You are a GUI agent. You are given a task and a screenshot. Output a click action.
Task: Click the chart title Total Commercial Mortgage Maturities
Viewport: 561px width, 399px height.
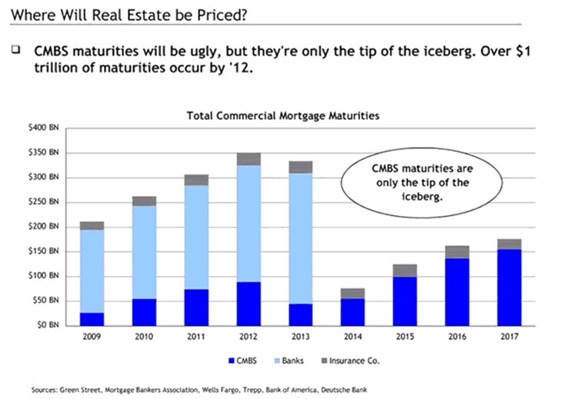(284, 116)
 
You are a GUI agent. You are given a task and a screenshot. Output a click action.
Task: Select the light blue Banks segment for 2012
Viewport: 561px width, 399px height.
(249, 224)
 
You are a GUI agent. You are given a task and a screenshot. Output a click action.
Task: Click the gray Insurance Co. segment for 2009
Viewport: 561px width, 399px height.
(92, 226)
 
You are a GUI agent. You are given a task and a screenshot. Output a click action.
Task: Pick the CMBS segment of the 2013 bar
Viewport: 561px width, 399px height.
(279, 314)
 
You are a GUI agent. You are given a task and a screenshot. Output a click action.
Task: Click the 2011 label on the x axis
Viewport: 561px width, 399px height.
(196, 336)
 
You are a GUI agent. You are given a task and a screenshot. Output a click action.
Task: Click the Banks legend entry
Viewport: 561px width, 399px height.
(286, 360)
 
